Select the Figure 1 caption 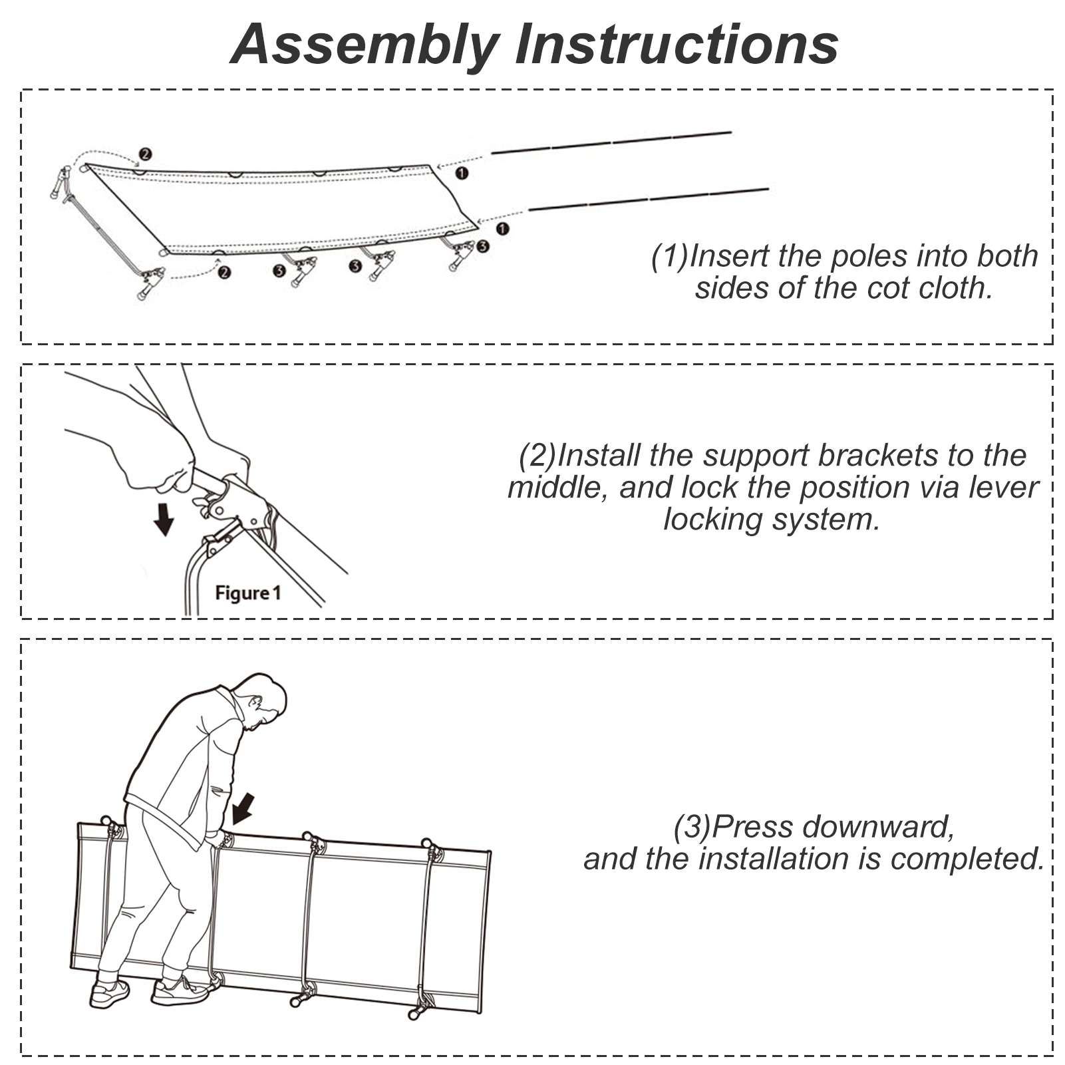[248, 593]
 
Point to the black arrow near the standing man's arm [243, 808]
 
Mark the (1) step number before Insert [670, 256]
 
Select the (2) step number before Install [537, 456]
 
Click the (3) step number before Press [692, 827]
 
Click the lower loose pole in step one [649, 200]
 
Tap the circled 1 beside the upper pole [461, 173]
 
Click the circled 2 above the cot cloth [144, 154]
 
